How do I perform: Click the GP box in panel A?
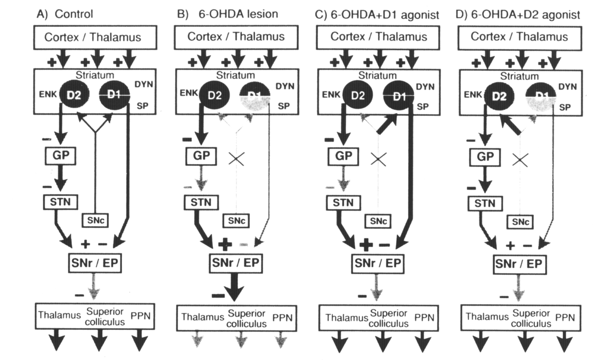(60, 156)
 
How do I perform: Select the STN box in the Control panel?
(60, 202)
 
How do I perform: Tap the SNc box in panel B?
(236, 221)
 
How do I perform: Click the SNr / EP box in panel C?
(378, 263)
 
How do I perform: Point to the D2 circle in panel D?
(499, 96)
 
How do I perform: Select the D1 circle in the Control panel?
(115, 95)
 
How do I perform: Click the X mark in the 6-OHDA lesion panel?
(236, 159)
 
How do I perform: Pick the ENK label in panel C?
(331, 95)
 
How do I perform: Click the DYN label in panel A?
(144, 84)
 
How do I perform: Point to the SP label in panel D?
(565, 107)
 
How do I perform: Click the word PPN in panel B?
(282, 318)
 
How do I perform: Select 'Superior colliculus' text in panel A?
(105, 317)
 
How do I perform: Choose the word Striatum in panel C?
(377, 75)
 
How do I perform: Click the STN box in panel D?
(485, 204)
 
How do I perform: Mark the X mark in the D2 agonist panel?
(520, 160)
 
